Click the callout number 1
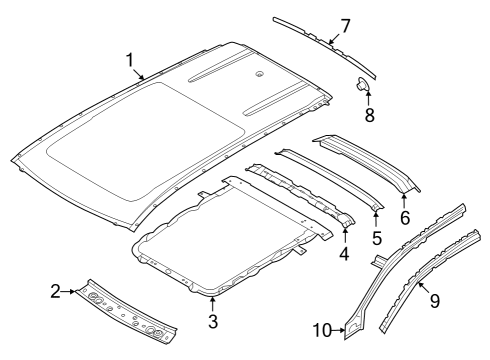(x=129, y=60)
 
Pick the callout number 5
(x=377, y=237)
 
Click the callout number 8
(x=369, y=115)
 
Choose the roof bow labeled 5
(x=330, y=180)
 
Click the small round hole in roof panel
(x=258, y=73)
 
